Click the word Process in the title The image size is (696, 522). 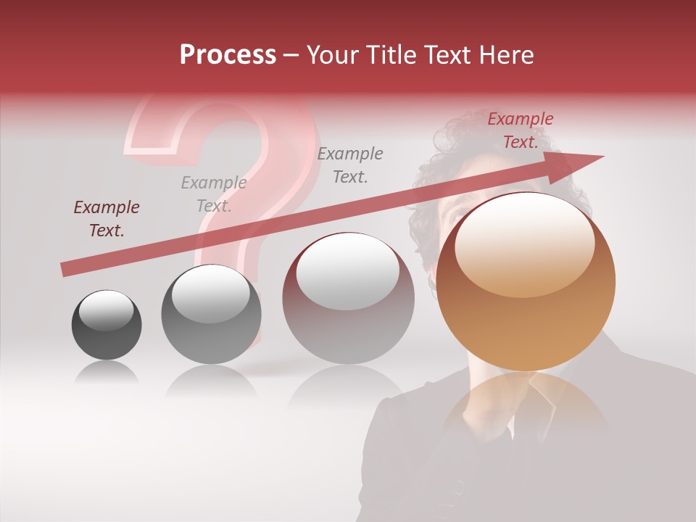coord(228,55)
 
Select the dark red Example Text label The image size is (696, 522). coord(107,219)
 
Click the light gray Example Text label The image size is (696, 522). coord(214,194)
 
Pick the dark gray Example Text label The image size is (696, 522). coord(350,165)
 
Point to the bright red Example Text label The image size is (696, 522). coord(520,130)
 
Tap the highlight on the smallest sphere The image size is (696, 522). coord(106,310)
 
